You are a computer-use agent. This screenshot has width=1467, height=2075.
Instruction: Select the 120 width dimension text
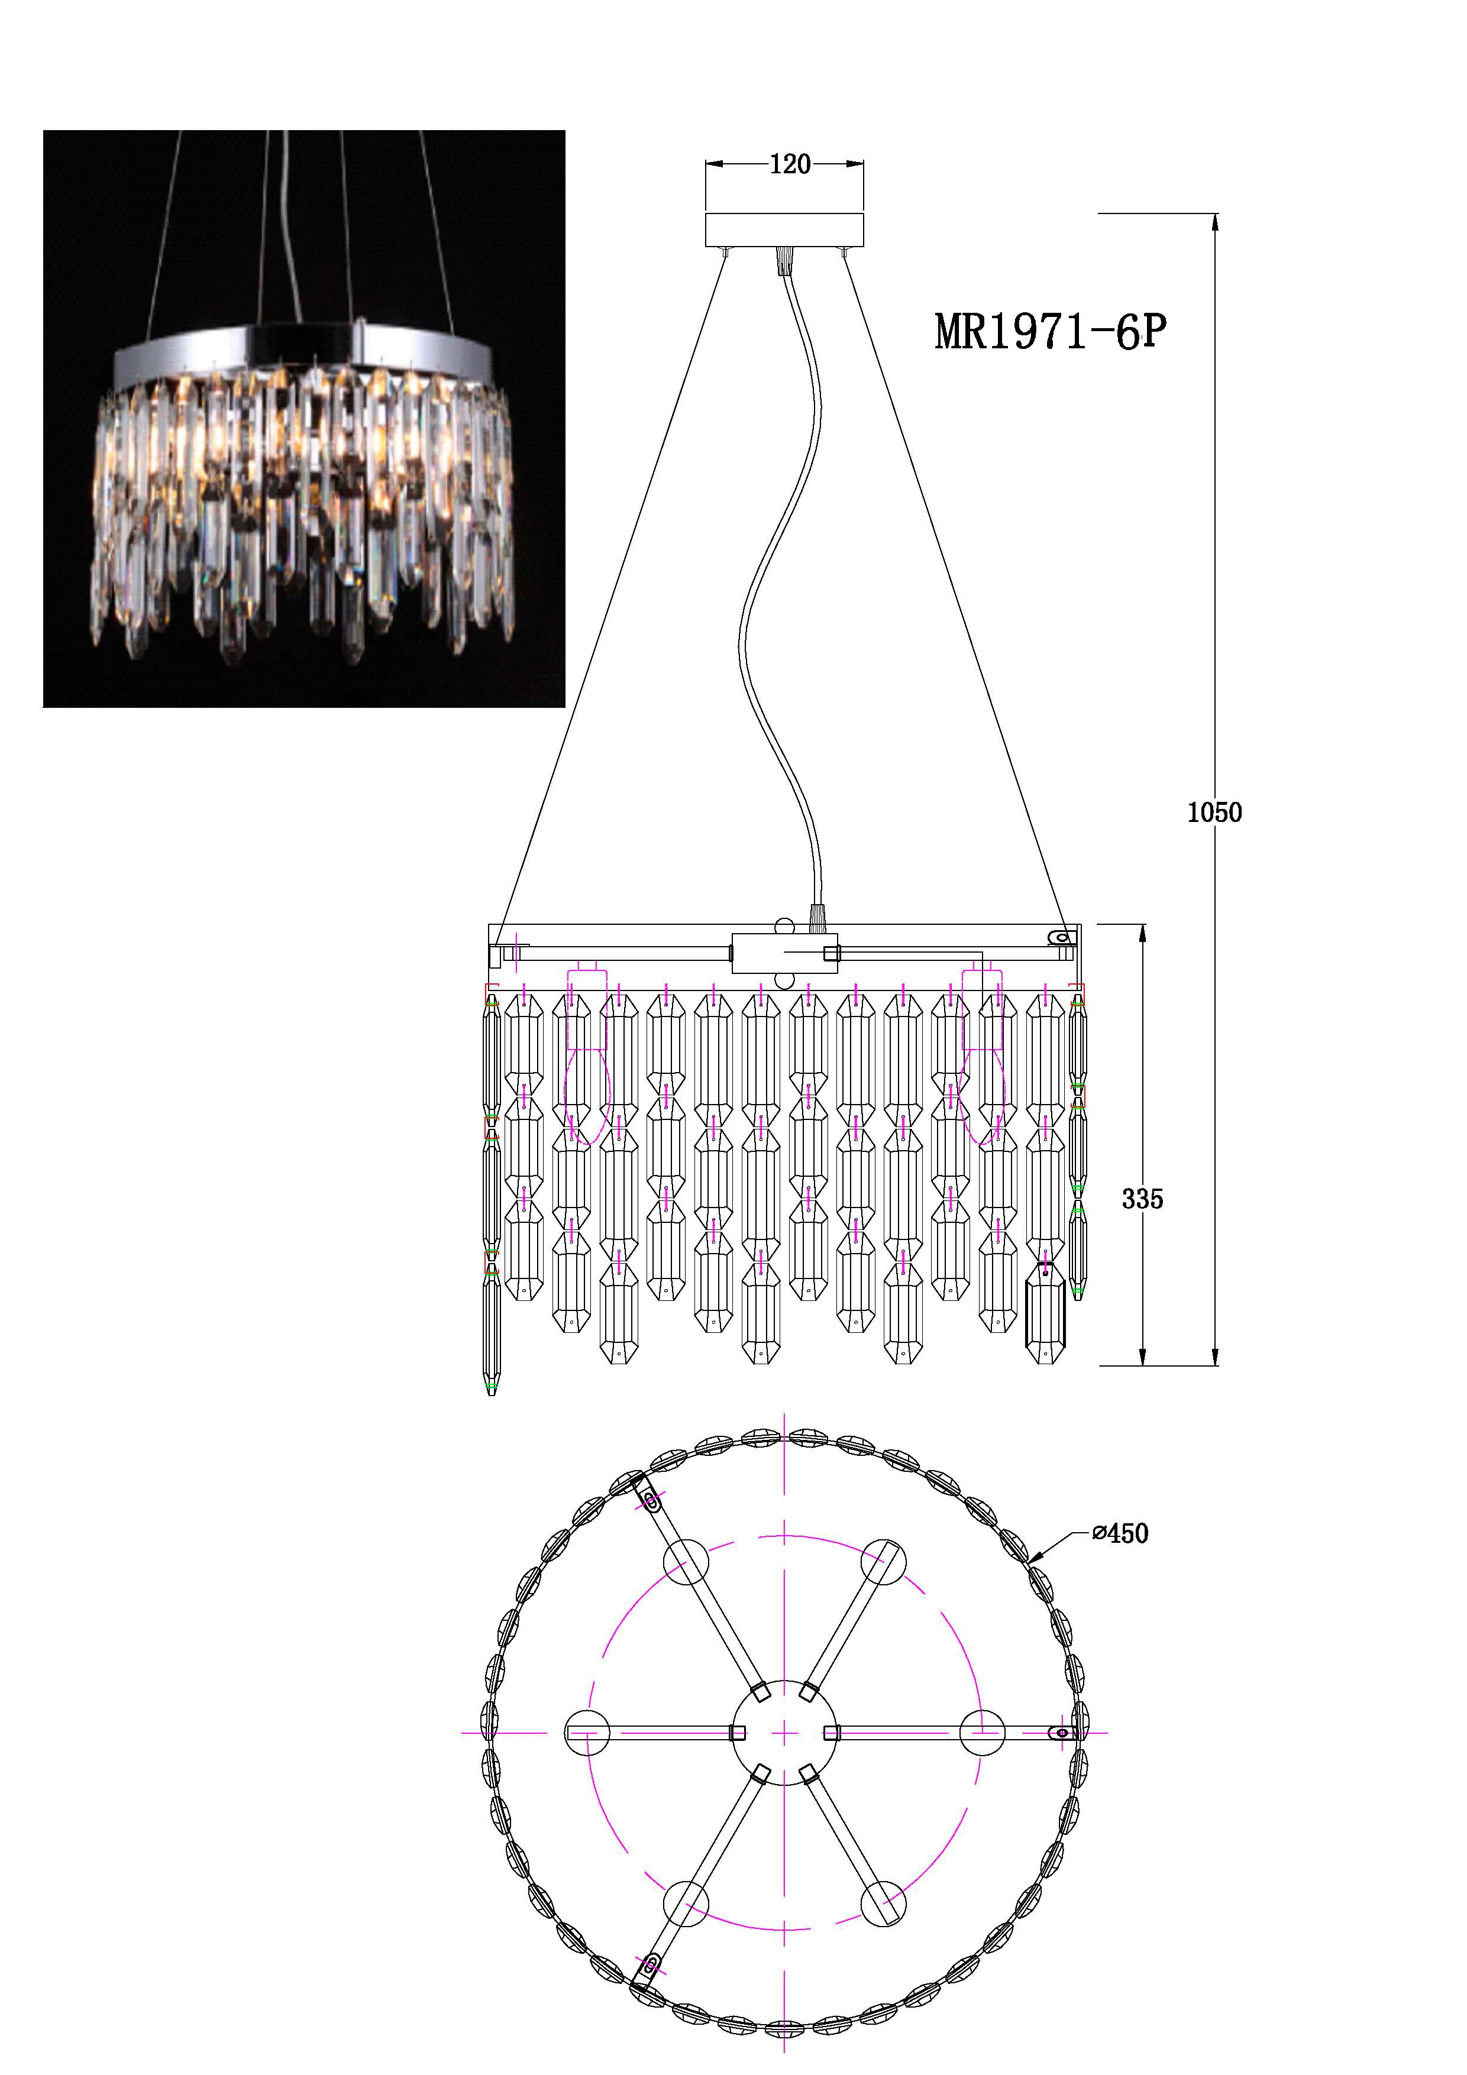pyautogui.click(x=790, y=164)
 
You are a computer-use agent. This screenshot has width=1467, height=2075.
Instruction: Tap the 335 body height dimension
pyautogui.click(x=1142, y=1199)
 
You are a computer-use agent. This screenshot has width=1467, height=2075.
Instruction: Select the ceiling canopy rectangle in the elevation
pyautogui.click(x=784, y=229)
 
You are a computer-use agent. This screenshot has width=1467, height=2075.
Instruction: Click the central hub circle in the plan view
pyautogui.click(x=784, y=1733)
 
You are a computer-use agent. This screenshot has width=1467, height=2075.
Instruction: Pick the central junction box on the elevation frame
pyautogui.click(x=784, y=953)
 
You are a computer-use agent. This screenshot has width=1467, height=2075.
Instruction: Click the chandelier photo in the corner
pyautogui.click(x=305, y=419)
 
